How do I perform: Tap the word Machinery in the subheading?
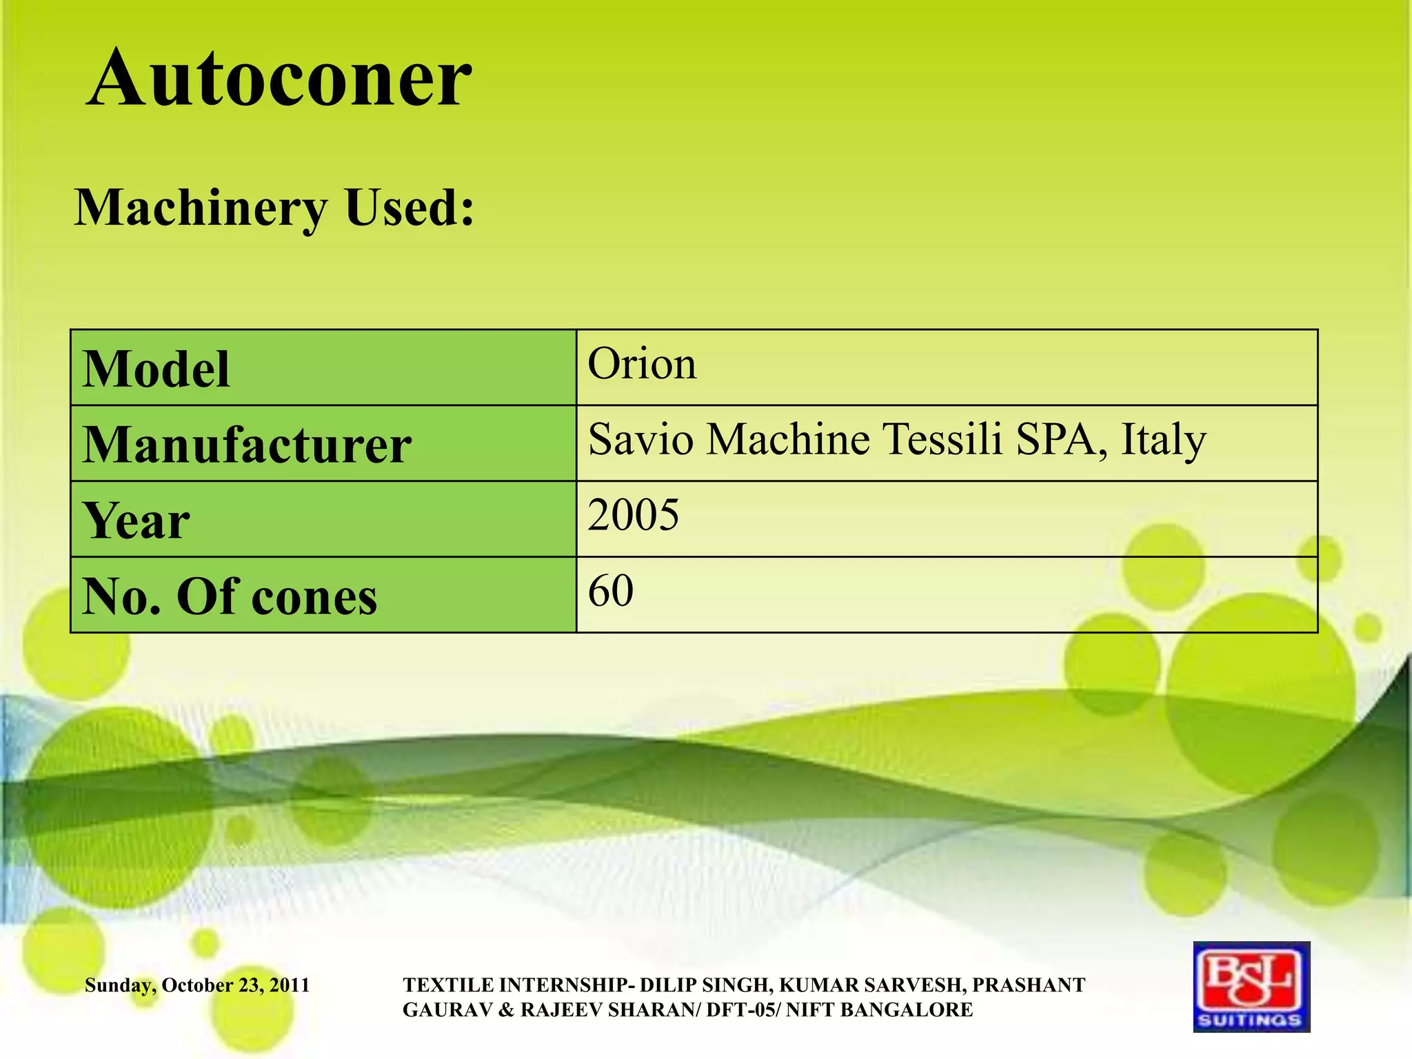(201, 208)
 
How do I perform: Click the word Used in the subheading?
(410, 208)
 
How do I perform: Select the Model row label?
(156, 369)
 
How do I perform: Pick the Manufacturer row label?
(247, 445)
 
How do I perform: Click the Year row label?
(136, 521)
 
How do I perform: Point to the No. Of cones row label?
(230, 596)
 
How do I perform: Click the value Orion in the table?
(642, 363)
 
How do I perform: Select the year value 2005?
(633, 514)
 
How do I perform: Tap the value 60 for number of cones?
(610, 590)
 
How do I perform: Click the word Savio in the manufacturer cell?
(641, 439)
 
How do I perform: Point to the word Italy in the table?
(1163, 440)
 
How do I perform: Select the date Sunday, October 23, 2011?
(197, 985)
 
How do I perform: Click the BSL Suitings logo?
(1251, 986)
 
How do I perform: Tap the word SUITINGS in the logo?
(1251, 1020)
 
